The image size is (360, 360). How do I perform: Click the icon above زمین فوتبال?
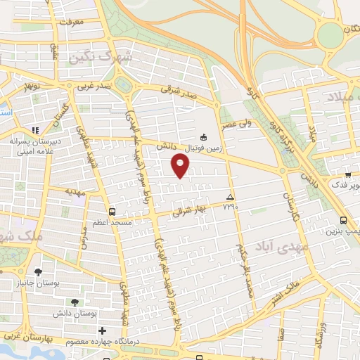tap(204, 137)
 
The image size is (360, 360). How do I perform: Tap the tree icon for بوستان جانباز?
tap(38, 271)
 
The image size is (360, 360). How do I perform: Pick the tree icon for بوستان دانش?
tap(75, 302)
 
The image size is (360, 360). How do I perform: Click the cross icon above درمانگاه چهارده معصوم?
tap(103, 330)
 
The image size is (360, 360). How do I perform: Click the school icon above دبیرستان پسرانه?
tap(36, 130)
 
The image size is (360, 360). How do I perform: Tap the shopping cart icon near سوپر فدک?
tap(348, 174)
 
